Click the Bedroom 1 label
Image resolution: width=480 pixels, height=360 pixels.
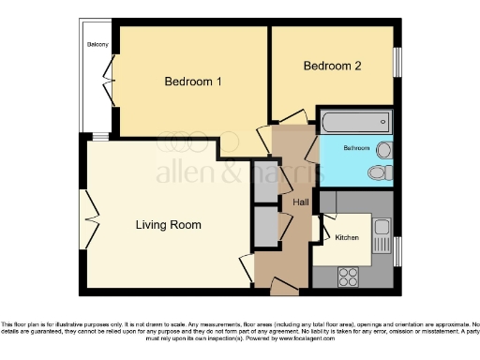click(193, 82)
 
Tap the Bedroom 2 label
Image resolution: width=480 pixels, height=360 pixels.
click(332, 66)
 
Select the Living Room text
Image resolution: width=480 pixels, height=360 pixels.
click(168, 225)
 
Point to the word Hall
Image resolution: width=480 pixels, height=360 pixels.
click(301, 202)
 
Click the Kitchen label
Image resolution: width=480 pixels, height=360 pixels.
click(347, 238)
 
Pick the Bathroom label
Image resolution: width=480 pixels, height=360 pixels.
click(356, 148)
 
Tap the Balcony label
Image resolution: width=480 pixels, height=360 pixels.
click(97, 45)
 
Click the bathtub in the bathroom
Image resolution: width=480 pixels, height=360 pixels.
click(355, 122)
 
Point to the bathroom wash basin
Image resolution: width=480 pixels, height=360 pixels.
click(384, 150)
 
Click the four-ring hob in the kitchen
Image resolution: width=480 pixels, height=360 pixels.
click(349, 276)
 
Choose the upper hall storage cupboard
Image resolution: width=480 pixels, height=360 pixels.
click(265, 182)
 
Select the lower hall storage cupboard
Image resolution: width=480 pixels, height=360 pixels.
click(265, 226)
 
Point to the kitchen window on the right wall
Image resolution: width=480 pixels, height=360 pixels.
click(397, 249)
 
